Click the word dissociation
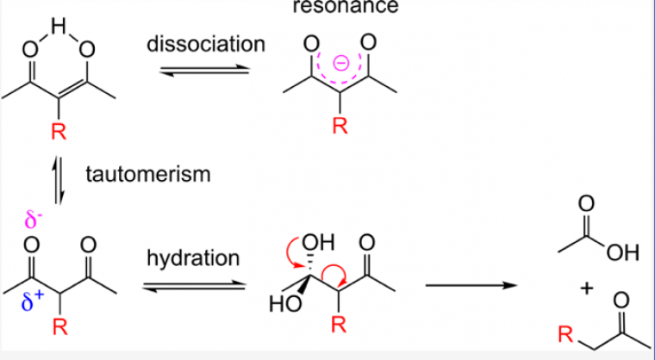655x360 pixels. pyautogui.click(x=205, y=44)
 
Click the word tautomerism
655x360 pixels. pyautogui.click(x=147, y=175)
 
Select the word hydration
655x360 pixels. pyautogui.click(x=193, y=258)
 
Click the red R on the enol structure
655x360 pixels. pyautogui.click(x=58, y=132)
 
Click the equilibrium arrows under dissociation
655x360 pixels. pyautogui.click(x=206, y=71)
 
